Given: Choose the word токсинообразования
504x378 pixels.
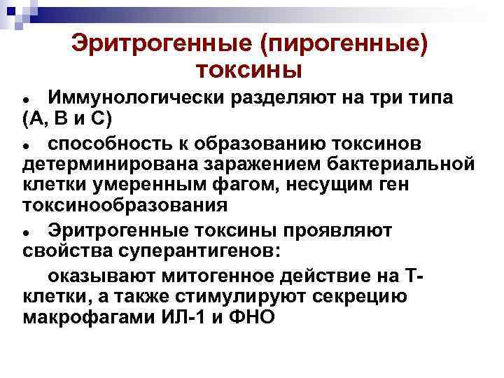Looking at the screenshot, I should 125,206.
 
